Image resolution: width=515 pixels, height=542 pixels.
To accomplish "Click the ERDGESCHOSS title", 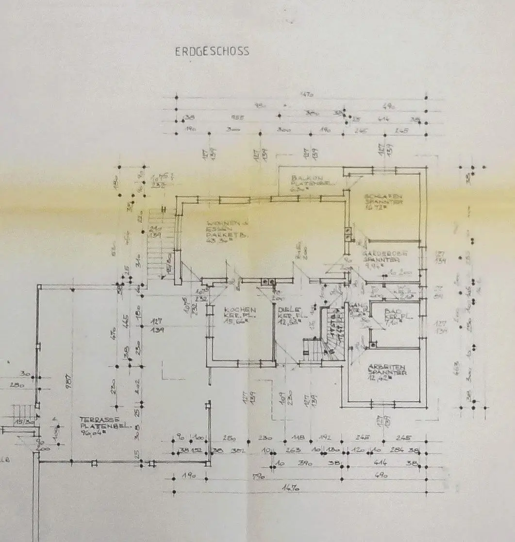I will click(x=212, y=51).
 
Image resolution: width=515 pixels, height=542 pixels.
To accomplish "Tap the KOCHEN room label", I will click(x=240, y=310).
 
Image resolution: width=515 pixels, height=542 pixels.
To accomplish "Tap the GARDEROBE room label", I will click(x=383, y=253).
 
